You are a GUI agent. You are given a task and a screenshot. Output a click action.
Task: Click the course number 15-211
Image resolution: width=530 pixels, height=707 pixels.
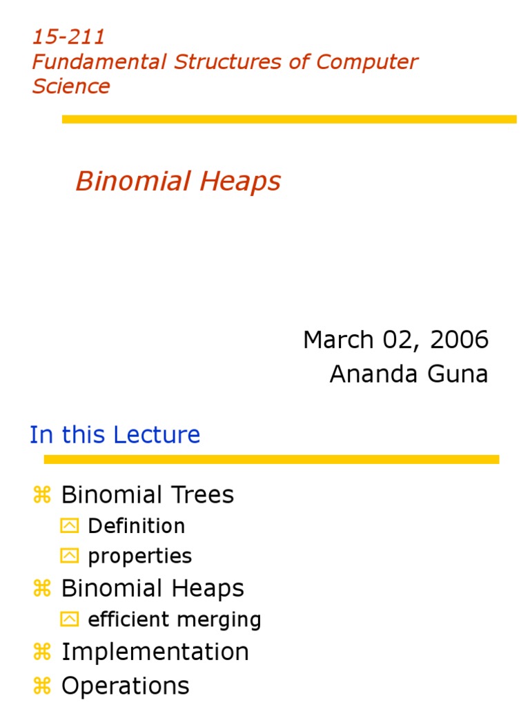pos(68,37)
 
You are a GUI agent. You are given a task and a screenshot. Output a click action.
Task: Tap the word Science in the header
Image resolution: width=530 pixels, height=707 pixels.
pos(71,86)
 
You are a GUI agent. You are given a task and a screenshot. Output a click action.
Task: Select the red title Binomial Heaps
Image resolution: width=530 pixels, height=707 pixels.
pos(178,182)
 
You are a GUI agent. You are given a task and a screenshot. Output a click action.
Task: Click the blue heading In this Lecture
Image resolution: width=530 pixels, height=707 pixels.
pos(115,435)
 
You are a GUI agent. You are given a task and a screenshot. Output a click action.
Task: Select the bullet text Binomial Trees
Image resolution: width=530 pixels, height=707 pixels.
pos(148,494)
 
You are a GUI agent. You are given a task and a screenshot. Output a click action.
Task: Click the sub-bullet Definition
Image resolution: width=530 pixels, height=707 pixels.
pos(137,526)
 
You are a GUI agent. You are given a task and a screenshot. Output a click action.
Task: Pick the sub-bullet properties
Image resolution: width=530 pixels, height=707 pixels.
pos(140,556)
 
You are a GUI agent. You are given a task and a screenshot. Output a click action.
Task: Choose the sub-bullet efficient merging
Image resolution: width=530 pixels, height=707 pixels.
pos(175,619)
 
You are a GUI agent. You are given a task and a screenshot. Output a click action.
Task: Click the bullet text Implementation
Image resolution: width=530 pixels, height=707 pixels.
pos(155,652)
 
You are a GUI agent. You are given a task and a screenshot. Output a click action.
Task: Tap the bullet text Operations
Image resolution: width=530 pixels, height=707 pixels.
pos(125,686)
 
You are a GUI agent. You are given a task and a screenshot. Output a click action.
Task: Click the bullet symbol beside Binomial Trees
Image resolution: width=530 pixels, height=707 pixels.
pos(42,494)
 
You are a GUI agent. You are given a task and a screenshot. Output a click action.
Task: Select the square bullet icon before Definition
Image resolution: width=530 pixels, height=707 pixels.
pos(70,526)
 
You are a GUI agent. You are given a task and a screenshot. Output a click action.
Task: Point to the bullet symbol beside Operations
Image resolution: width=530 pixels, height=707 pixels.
pos(42,686)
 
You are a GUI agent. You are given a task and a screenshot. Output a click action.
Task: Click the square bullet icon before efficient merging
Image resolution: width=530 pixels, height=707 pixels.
pos(70,619)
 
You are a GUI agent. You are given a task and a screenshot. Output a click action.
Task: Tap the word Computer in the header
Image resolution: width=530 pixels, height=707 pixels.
pos(367,61)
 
